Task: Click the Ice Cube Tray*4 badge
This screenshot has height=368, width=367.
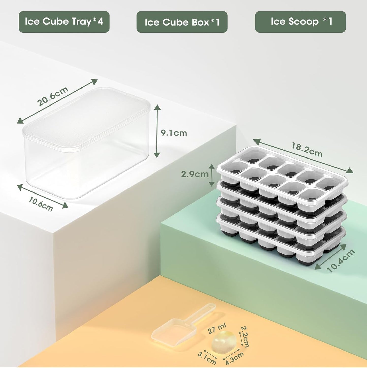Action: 64,22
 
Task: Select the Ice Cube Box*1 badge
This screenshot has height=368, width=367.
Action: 182,22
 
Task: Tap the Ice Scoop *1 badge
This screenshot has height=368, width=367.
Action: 300,22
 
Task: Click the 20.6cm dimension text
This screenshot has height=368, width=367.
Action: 53,96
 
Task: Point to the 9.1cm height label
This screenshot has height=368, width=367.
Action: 174,133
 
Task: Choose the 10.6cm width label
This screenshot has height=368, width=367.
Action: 41,204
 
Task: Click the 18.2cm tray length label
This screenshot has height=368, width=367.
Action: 307,150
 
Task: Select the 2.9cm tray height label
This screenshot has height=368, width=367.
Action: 195,174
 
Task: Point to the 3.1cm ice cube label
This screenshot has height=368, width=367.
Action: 207,358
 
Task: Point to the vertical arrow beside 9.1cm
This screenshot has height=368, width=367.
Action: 157,131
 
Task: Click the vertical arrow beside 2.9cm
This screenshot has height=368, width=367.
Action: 211,175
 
